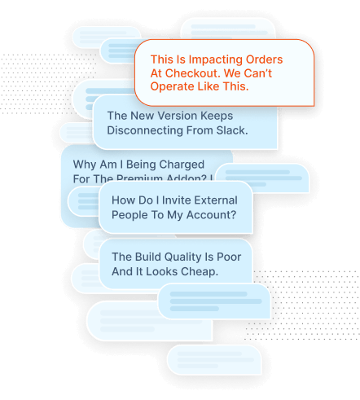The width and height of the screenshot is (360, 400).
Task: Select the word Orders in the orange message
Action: [x=263, y=59]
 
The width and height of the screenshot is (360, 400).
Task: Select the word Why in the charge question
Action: [x=86, y=162]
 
